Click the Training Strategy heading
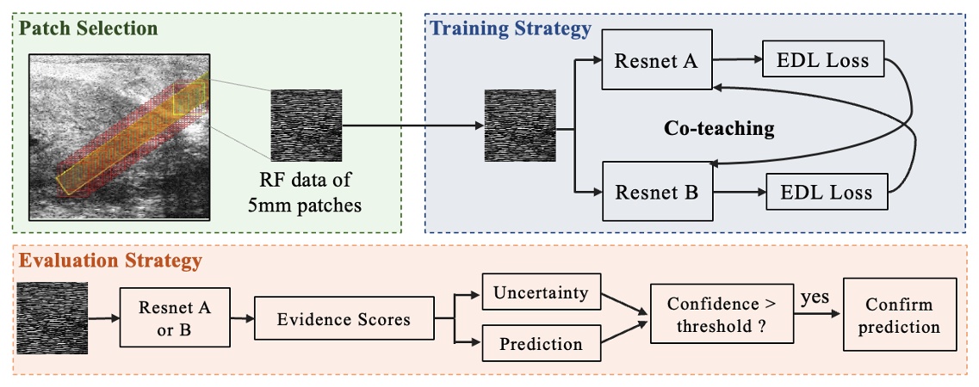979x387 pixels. pyautogui.click(x=511, y=28)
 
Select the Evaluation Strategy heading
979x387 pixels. pyautogui.click(x=110, y=259)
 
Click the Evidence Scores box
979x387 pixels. pyautogui.click(x=344, y=319)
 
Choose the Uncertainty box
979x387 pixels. pyautogui.click(x=541, y=292)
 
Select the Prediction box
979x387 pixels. pyautogui.click(x=541, y=344)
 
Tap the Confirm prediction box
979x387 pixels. pyautogui.click(x=900, y=315)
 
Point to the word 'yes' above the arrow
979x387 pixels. pyautogui.click(x=815, y=297)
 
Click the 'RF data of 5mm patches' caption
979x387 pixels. pyautogui.click(x=307, y=192)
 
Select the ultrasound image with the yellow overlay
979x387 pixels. pyautogui.click(x=120, y=136)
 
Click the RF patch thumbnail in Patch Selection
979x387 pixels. pyautogui.click(x=307, y=122)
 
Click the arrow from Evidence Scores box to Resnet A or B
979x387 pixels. pyautogui.click(x=242, y=319)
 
